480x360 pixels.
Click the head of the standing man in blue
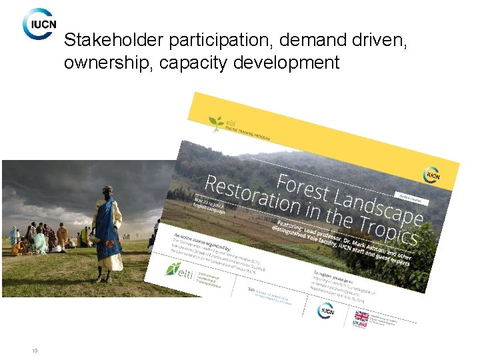(x=107, y=191)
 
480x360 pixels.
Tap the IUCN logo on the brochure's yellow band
(x=431, y=175)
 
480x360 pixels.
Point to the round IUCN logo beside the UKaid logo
(x=327, y=310)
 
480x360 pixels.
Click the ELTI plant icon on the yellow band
(x=216, y=122)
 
